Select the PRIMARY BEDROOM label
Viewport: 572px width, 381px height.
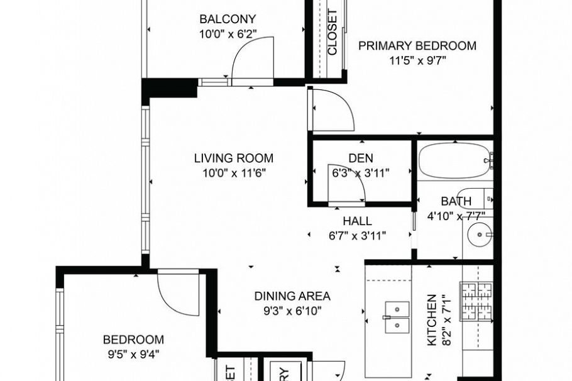tap(417, 46)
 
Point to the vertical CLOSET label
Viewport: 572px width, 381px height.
tap(333, 32)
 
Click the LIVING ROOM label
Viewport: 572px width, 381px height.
tap(233, 158)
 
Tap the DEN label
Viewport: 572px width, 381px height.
tap(361, 158)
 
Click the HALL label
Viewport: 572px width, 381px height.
tap(357, 221)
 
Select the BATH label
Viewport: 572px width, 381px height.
tap(456, 202)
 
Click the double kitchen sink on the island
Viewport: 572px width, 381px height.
tap(397, 317)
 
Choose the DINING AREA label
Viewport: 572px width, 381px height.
tap(292, 296)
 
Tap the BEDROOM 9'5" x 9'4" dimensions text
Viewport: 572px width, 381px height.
tap(132, 353)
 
